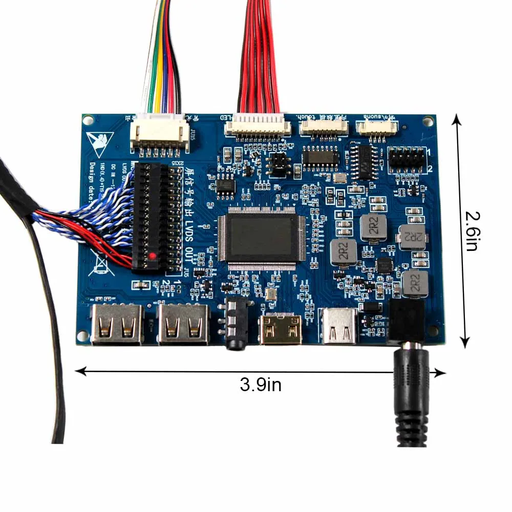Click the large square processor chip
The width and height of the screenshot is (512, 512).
(x=261, y=238)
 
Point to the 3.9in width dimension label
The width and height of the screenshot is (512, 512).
(x=261, y=384)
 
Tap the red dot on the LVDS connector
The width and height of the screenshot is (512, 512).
(x=152, y=255)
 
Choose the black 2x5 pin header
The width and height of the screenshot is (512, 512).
(x=406, y=159)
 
